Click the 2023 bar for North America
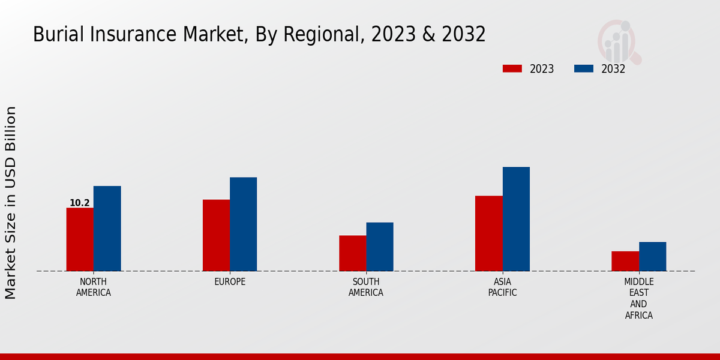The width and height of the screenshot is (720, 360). coord(80,239)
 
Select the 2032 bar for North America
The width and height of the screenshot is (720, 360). coord(107,229)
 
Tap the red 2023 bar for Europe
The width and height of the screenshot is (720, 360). coord(216,235)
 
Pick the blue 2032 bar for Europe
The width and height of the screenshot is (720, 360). coord(243,224)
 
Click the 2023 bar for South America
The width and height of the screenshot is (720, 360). coord(352,253)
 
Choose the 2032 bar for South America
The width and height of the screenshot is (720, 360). coord(380,247)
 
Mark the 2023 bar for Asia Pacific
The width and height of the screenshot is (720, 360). coord(488,233)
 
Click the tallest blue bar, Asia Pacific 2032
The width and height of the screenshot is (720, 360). coord(516,219)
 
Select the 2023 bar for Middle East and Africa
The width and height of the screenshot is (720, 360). coord(625,261)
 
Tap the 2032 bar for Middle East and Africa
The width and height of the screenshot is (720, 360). coord(652,256)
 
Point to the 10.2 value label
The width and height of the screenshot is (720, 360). coord(80,203)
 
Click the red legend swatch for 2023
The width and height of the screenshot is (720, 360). coord(512,69)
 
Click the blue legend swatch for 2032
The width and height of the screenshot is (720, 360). coord(584,69)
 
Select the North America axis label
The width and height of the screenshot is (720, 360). coord(94,287)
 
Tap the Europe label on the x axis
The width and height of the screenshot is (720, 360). coord(230,282)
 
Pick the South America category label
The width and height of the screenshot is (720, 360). coord(366,287)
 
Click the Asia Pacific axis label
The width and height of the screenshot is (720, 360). coord(502,287)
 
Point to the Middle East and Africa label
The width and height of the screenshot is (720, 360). coord(639,298)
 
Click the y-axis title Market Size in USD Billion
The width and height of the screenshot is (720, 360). coord(11,202)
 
